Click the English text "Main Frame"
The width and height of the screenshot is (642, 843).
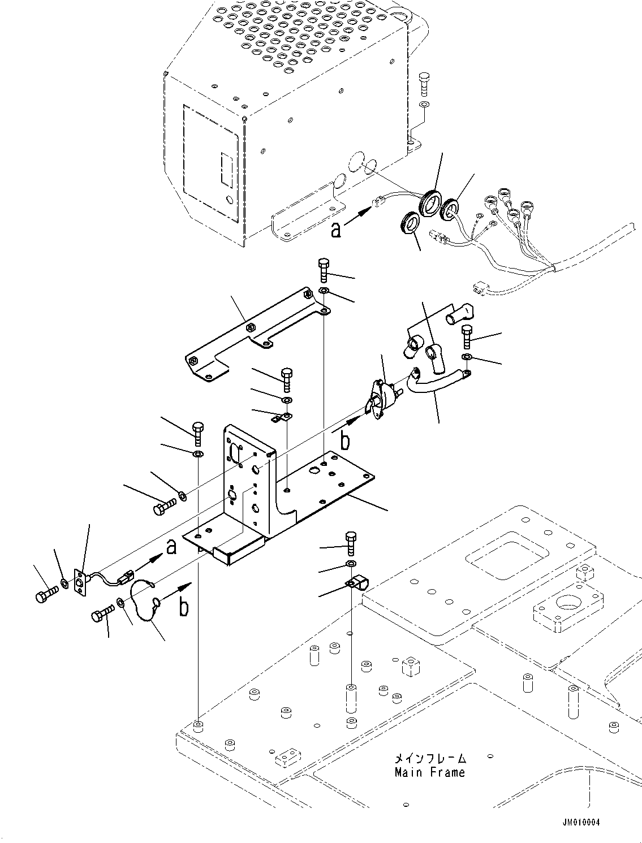point(430,772)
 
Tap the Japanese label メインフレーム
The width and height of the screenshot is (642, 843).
point(430,758)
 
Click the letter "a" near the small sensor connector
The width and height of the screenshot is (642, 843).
point(171,547)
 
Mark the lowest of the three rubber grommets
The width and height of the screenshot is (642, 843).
point(410,222)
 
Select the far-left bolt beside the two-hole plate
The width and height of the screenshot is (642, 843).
point(46,595)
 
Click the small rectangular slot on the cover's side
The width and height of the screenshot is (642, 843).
point(226,170)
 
